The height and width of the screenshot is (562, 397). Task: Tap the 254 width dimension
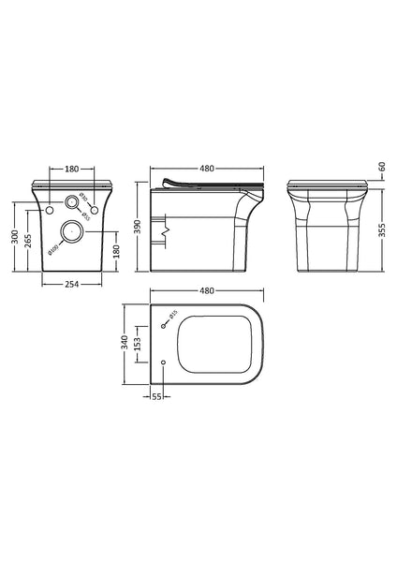coord(72,285)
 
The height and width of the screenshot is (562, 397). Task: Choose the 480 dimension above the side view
coord(206,170)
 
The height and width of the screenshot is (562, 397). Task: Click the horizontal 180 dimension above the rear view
coord(71,170)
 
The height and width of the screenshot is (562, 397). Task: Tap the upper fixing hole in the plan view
coord(164,324)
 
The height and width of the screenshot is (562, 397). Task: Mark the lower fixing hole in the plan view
coord(164,362)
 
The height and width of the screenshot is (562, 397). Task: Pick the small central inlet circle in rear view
coord(71,201)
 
